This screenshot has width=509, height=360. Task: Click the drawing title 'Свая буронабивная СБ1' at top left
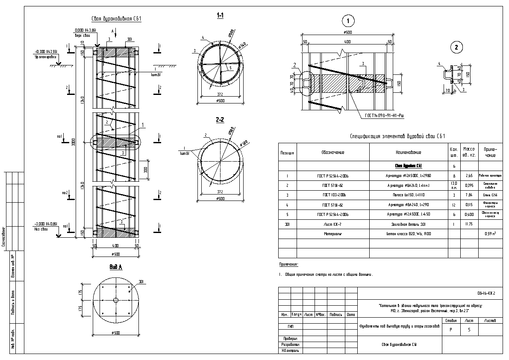(x=116, y=19)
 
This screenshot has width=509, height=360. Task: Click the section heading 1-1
(x=221, y=16)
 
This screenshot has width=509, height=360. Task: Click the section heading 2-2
(x=220, y=120)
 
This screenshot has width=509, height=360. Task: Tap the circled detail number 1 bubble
(x=348, y=21)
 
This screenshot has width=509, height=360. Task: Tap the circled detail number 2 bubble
(x=456, y=47)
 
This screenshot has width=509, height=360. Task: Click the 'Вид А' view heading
(x=115, y=267)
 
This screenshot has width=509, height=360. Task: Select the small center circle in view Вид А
(x=115, y=300)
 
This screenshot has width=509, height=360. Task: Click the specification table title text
(x=397, y=136)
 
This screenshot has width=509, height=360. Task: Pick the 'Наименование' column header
(x=408, y=152)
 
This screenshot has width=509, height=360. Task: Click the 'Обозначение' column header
(x=333, y=152)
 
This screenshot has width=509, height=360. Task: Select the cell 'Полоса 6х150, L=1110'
(x=408, y=195)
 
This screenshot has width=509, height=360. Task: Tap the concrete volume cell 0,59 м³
(x=490, y=234)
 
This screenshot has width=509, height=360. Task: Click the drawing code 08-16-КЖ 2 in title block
(x=486, y=294)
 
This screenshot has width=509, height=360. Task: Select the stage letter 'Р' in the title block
(x=451, y=330)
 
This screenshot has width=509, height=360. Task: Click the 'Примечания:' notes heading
(x=289, y=265)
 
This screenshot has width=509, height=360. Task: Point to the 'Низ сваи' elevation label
(x=45, y=228)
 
